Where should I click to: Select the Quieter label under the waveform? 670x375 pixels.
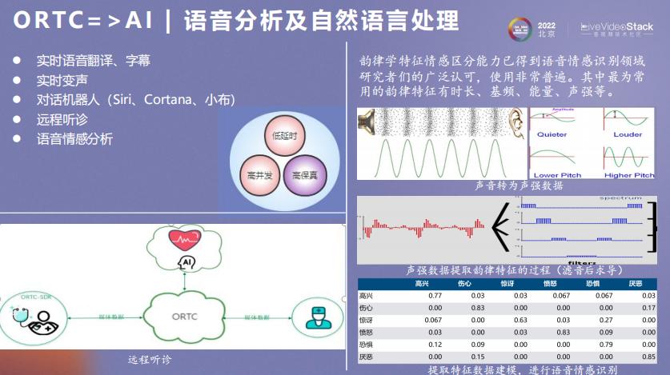click(551, 134)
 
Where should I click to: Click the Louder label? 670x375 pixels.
click(628, 134)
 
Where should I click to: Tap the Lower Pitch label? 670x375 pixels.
click(557, 175)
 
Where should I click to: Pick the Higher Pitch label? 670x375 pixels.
click(629, 175)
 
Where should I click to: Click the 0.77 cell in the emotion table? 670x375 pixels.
click(435, 296)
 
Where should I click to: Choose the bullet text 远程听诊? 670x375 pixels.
click(59, 119)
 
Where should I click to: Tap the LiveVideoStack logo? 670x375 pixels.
click(616, 30)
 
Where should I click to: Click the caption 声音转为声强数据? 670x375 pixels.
click(519, 186)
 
